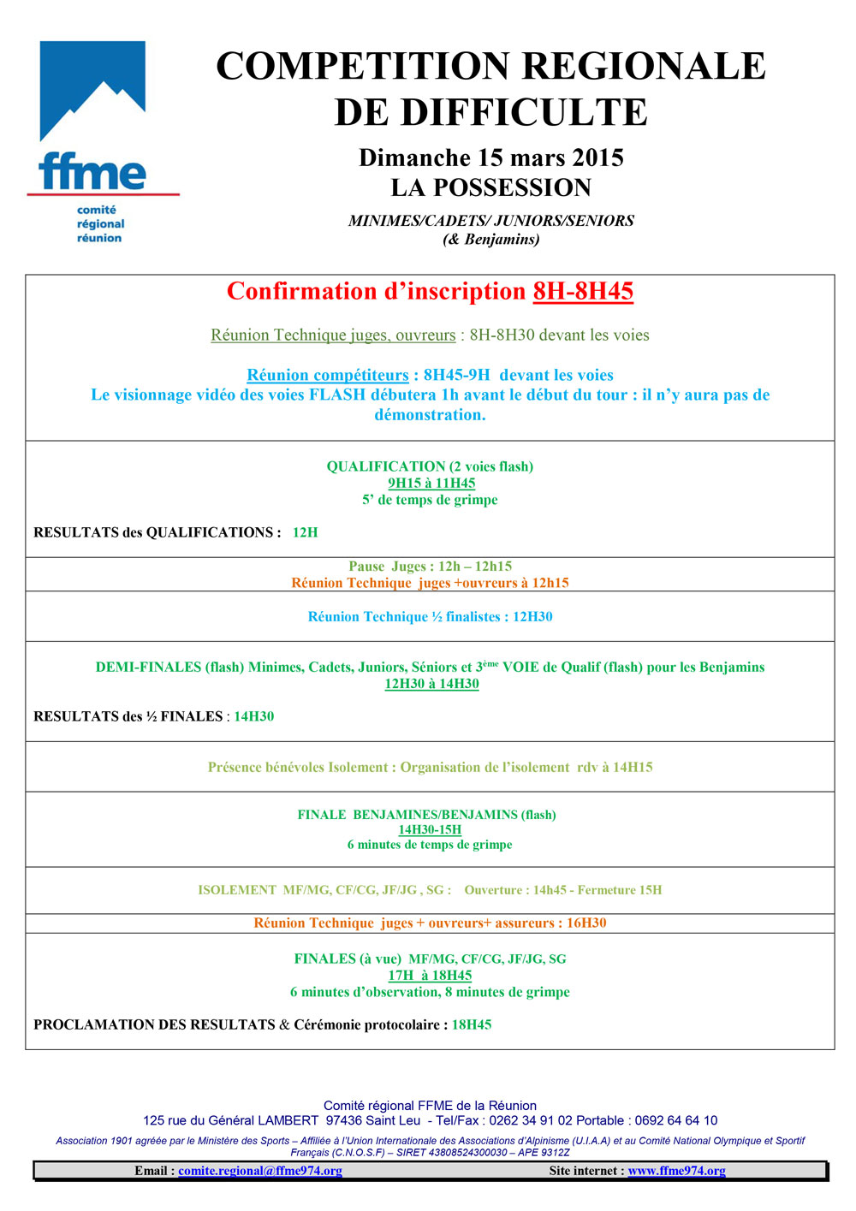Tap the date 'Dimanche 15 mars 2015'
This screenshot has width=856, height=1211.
pyautogui.click(x=490, y=157)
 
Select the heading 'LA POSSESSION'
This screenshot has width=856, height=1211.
pyautogui.click(x=490, y=187)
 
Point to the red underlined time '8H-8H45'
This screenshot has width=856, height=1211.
pyautogui.click(x=583, y=291)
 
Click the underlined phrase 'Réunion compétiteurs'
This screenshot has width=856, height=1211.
pyautogui.click(x=328, y=375)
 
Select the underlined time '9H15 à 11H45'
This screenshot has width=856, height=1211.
pyautogui.click(x=431, y=483)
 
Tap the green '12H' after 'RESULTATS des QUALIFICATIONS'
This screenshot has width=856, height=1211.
pyautogui.click(x=305, y=532)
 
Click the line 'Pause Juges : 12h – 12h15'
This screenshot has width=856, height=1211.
pyautogui.click(x=430, y=566)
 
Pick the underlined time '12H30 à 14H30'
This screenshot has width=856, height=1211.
pyautogui.click(x=431, y=683)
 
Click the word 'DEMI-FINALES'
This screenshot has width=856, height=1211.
pyautogui.click(x=148, y=667)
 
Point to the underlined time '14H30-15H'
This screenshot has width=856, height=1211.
pyautogui.click(x=430, y=829)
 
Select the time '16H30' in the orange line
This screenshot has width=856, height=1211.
pyautogui.click(x=586, y=923)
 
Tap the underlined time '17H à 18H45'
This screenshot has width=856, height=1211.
pyautogui.click(x=430, y=975)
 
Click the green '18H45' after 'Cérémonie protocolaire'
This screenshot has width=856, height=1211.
pyautogui.click(x=472, y=1024)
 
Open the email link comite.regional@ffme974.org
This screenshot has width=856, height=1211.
pyautogui.click(x=260, y=1171)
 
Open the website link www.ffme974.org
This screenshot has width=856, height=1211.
pyautogui.click(x=676, y=1171)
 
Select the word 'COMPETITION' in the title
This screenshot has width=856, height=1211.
pyautogui.click(x=364, y=66)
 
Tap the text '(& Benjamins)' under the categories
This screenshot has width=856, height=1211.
pyautogui.click(x=490, y=239)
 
